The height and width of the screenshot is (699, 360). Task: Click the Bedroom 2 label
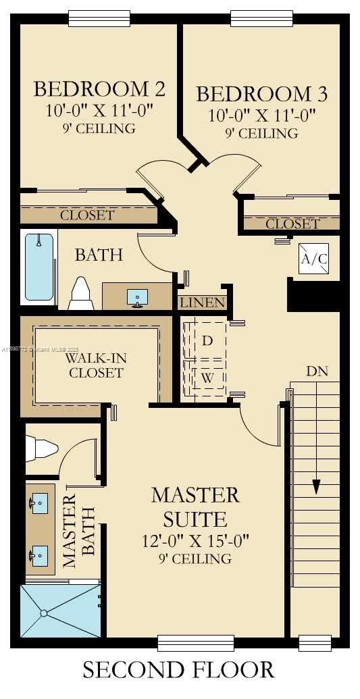(x=99, y=89)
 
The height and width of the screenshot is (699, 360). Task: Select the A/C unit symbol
(x=313, y=259)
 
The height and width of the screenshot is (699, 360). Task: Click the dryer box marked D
(x=207, y=340)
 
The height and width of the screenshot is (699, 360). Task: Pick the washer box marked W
(x=207, y=378)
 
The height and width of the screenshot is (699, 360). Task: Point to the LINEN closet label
(x=202, y=302)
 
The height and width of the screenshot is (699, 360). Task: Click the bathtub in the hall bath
(x=39, y=267)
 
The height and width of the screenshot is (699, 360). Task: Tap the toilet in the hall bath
(x=81, y=293)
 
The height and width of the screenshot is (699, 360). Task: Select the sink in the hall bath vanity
(x=138, y=297)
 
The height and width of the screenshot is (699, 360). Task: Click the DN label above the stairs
(x=317, y=371)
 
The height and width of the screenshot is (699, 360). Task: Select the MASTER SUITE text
(x=195, y=507)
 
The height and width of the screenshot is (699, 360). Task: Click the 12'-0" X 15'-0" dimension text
(x=195, y=540)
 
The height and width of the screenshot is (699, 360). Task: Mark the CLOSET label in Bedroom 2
(x=87, y=215)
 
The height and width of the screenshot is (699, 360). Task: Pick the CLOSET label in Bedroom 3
(x=292, y=224)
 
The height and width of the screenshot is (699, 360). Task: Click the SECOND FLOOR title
(x=179, y=670)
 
